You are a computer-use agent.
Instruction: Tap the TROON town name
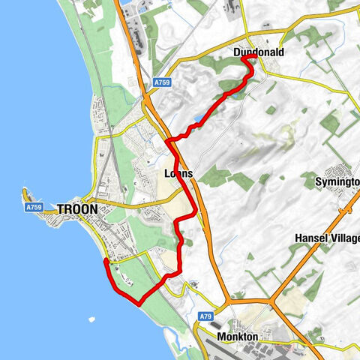click(x=77, y=209)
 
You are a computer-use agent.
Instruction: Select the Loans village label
click(x=178, y=174)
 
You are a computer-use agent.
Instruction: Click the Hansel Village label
click(x=328, y=238)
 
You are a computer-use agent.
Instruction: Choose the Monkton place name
click(x=237, y=337)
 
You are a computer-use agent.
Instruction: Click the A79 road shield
click(x=207, y=316)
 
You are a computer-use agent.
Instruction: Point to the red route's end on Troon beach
click(x=105, y=261)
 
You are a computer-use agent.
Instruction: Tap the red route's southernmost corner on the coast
click(x=140, y=303)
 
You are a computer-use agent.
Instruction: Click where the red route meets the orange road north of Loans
click(x=170, y=140)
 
